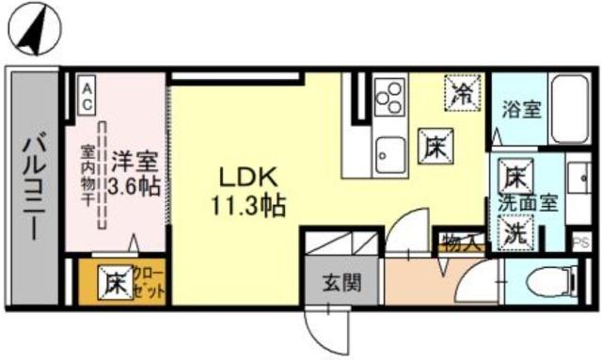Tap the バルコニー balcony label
click(x=32, y=184)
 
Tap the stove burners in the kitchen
click(x=388, y=94)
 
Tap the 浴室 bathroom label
click(x=522, y=110)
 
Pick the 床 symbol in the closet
click(x=116, y=280)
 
